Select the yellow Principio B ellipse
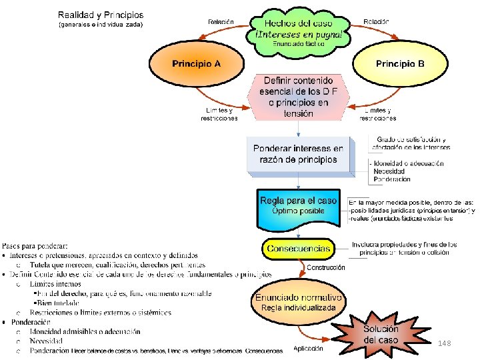[399, 64]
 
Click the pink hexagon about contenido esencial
[298, 97]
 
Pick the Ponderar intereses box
[298, 154]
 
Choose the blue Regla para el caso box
[299, 207]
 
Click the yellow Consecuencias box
[298, 249]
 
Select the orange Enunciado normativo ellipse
[298, 302]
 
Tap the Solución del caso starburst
[381, 334]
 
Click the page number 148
[445, 343]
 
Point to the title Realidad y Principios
[101, 15]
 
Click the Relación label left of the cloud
[221, 21]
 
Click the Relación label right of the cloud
[376, 21]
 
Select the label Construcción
[326, 267]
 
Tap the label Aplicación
[308, 348]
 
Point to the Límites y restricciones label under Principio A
[219, 115]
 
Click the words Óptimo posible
[299, 211]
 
